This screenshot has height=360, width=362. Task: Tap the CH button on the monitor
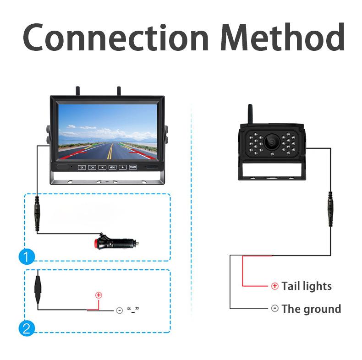tap(92, 167)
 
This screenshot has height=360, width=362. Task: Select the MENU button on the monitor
tap(112, 167)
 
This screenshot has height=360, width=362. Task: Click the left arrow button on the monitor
tap(102, 167)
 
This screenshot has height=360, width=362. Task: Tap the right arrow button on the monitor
tap(122, 167)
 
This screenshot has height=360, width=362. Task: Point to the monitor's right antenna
tap(118, 91)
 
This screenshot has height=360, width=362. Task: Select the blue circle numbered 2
tap(27, 328)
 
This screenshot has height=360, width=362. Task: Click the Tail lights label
tap(306, 286)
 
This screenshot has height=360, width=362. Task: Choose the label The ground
tap(311, 309)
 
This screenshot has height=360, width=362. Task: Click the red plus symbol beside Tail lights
tap(274, 286)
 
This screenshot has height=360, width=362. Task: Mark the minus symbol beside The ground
tap(274, 308)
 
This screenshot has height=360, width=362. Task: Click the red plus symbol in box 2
tap(98, 295)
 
